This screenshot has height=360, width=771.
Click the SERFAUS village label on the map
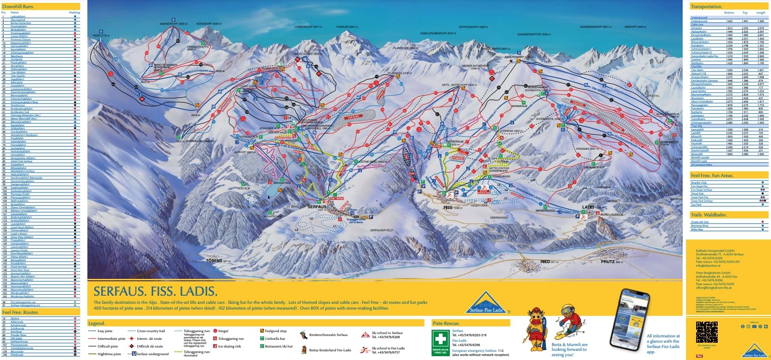(316, 207)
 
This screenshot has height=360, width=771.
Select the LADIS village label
(588, 207)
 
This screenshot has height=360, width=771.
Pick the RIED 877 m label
(549, 262)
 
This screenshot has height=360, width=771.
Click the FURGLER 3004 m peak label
(347, 27)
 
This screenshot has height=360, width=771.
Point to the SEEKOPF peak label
(634, 27)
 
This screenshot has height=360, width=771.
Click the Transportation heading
(706, 7)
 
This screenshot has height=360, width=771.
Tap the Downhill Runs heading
(18, 6)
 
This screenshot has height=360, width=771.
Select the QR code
(707, 332)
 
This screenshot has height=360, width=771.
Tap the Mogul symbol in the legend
(215, 331)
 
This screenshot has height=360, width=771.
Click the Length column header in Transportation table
(760, 13)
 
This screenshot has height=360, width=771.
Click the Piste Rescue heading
(446, 324)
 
